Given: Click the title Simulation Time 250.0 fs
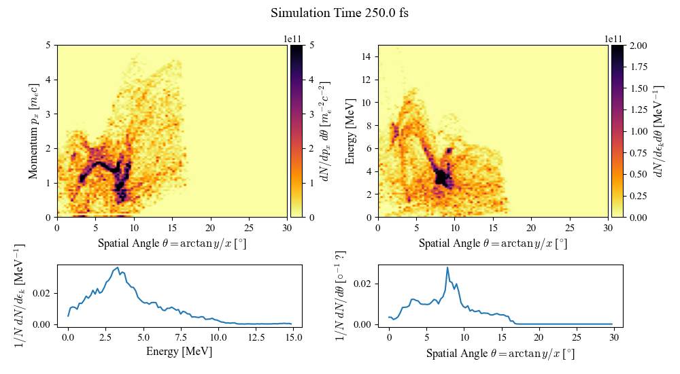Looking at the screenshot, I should tap(339, 13).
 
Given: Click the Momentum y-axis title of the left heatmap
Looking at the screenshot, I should tap(33, 131).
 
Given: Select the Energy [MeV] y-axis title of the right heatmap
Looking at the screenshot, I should tap(350, 131).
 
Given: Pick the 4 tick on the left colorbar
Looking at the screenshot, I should tap(307, 80).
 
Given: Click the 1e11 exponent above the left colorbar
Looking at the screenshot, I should tap(293, 39).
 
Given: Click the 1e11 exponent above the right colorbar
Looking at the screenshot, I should tap(614, 39).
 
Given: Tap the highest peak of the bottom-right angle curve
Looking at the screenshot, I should tap(447, 267).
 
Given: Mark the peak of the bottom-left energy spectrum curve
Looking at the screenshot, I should tap(118, 267).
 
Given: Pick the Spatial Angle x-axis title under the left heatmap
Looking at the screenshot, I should tap(172, 243).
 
